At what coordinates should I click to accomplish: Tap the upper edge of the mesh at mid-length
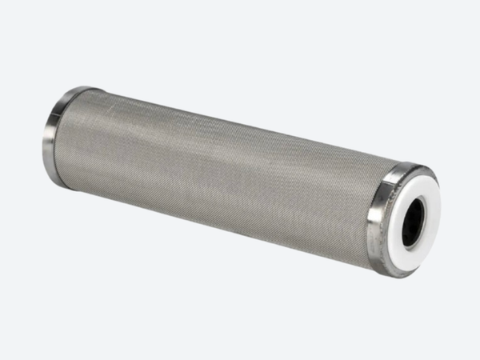[224, 120]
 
